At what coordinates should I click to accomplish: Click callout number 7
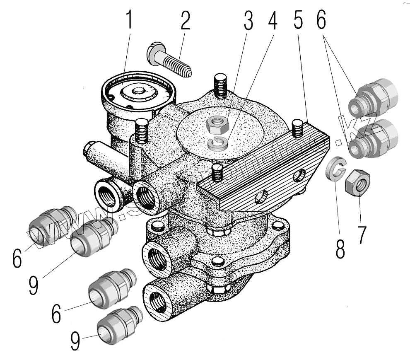click(x=362, y=234)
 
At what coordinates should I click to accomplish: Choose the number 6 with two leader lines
click(x=322, y=20)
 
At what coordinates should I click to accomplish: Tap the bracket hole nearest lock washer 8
click(x=299, y=177)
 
